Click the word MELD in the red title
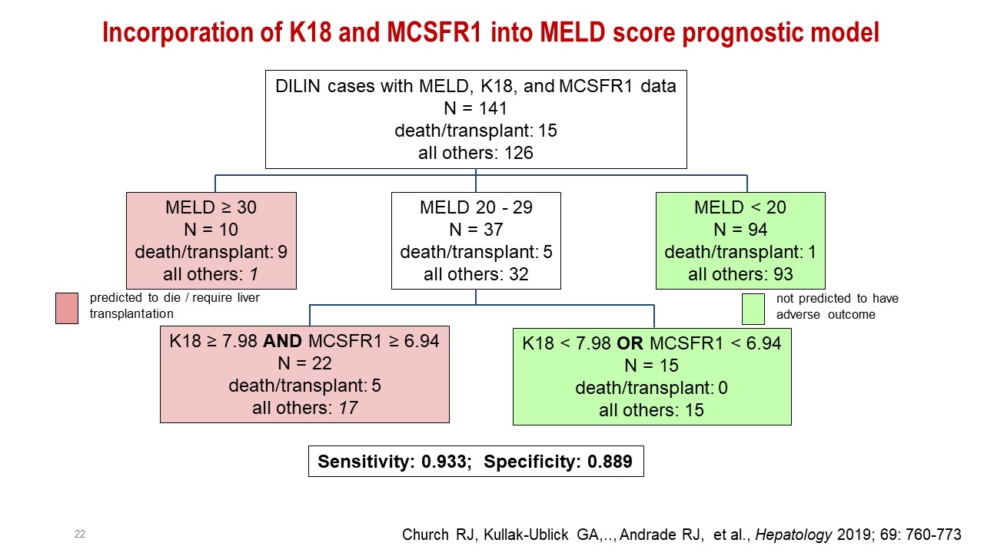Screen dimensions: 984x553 click(x=573, y=32)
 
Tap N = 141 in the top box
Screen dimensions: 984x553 click(x=475, y=108)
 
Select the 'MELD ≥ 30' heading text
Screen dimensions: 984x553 click(x=211, y=207)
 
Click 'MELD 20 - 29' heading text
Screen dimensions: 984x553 click(x=476, y=207)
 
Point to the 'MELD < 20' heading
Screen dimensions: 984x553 click(x=740, y=207)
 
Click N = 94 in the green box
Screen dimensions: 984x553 click(x=740, y=230)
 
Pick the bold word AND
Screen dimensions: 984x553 click(x=282, y=341)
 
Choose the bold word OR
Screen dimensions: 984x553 click(x=630, y=343)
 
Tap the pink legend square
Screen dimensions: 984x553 click(x=67, y=308)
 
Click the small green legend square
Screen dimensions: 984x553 click(x=753, y=309)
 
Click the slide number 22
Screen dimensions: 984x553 click(x=80, y=534)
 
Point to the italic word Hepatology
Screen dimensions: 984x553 click(x=793, y=535)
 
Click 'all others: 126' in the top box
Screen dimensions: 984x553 click(x=475, y=153)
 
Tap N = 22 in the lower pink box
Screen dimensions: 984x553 click(x=304, y=363)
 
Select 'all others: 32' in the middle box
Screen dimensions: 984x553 click(x=476, y=274)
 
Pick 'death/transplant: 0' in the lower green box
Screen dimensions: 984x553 click(x=651, y=388)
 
